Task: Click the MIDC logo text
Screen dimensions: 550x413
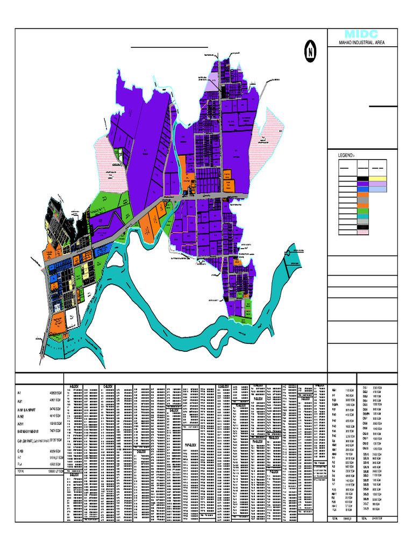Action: point(361,34)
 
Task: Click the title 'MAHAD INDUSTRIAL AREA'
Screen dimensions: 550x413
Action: point(361,43)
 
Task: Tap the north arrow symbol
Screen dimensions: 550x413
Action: point(310,53)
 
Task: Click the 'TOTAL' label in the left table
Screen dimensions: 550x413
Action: point(22,471)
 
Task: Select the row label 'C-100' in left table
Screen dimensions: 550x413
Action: point(22,451)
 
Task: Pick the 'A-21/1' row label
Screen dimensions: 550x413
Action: point(22,423)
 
